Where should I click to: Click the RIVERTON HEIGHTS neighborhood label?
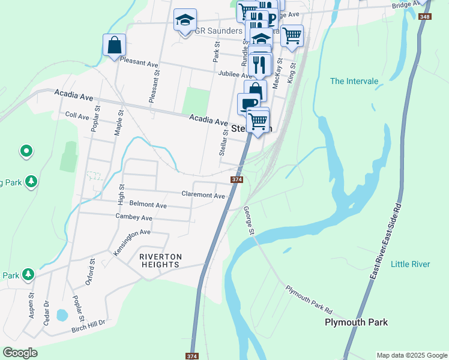point(160,260)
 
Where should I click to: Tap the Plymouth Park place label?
point(356,322)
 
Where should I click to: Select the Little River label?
point(410,264)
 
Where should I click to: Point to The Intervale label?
point(354,81)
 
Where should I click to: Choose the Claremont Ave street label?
point(203,195)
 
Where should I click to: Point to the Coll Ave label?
point(77,115)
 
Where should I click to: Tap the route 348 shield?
point(425,16)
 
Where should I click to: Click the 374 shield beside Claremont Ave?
point(237,179)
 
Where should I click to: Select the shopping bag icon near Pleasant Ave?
point(114,45)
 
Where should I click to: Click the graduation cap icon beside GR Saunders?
point(185,20)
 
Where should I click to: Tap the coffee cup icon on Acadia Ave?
point(249,104)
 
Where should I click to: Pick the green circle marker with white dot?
point(26,151)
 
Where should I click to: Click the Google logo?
point(20,353)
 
